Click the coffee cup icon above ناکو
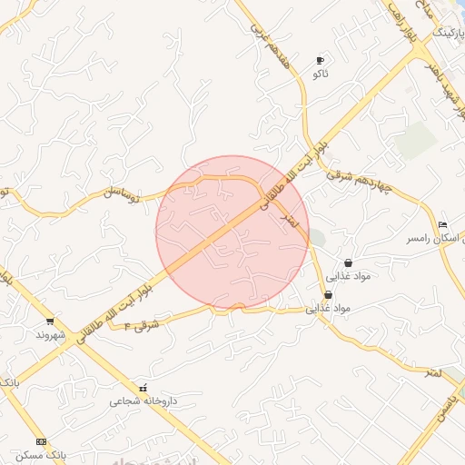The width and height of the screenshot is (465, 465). coord(319,60)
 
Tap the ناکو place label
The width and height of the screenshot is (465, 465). coord(319,72)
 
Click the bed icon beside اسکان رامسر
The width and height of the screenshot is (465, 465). coord(442,224)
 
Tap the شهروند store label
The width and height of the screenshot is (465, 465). coord(51,334)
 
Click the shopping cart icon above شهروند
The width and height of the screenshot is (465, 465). coord(49,322)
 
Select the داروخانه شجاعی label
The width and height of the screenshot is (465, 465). coord(143,400)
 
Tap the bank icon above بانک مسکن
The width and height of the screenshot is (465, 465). coord(39,441)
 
